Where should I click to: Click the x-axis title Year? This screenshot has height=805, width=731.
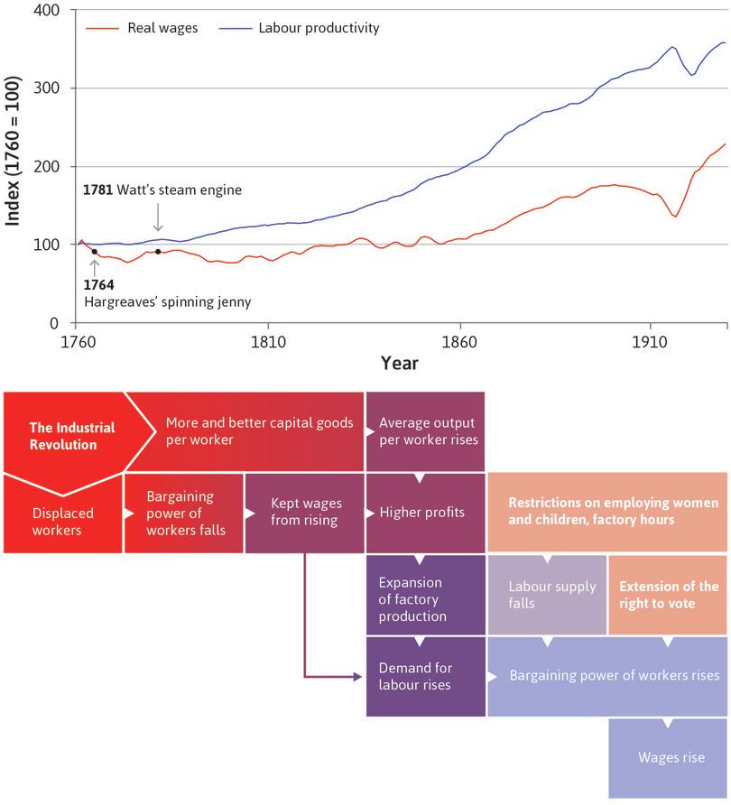pyautogui.click(x=399, y=363)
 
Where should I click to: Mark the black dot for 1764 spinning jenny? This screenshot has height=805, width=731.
pyautogui.click(x=94, y=252)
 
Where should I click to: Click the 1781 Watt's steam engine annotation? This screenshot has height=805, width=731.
pyautogui.click(x=162, y=191)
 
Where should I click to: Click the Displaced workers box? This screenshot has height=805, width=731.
pyautogui.click(x=62, y=522)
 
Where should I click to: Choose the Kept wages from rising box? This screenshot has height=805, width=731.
pyautogui.click(x=304, y=513)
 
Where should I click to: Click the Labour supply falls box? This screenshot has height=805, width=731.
pyautogui.click(x=547, y=595)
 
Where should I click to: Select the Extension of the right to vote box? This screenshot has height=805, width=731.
pyautogui.click(x=668, y=595)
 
